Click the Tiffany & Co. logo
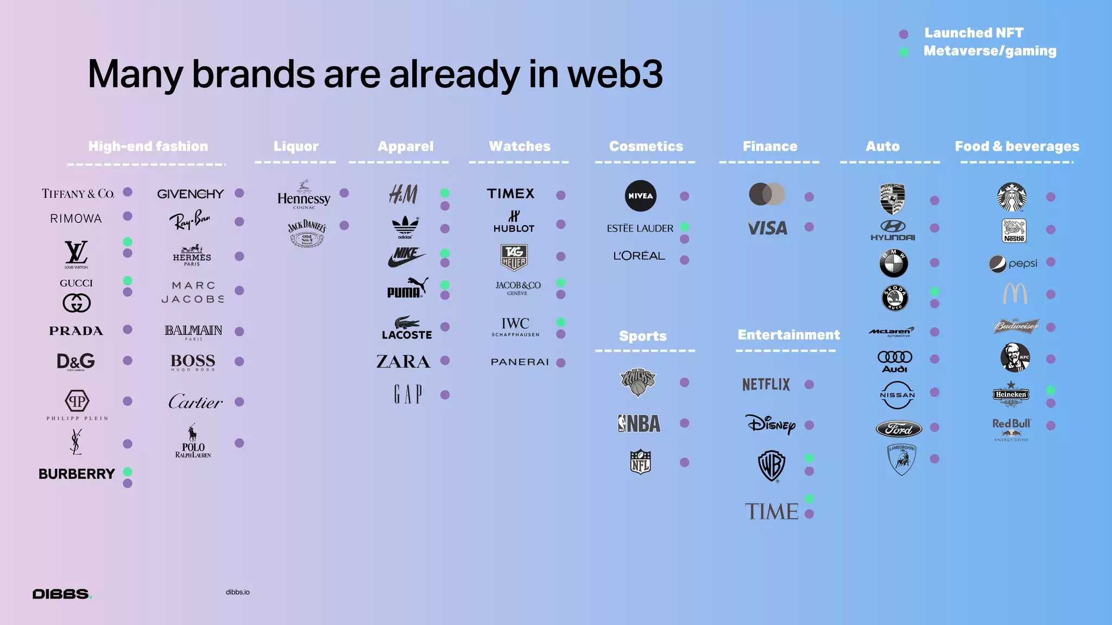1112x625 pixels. click(x=78, y=194)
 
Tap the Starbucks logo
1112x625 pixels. click(x=1012, y=197)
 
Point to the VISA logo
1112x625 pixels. click(x=767, y=228)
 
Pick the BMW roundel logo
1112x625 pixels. click(x=893, y=263)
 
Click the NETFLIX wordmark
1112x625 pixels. click(x=766, y=385)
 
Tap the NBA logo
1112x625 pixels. click(x=639, y=423)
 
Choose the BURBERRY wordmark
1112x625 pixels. click(x=77, y=474)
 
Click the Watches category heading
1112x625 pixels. click(x=520, y=146)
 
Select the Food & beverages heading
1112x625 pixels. click(x=1016, y=146)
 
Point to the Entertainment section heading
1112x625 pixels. click(x=788, y=335)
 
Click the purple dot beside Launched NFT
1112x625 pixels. click(x=903, y=34)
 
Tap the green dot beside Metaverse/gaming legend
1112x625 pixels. click(x=903, y=52)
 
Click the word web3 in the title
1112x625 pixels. click(x=615, y=74)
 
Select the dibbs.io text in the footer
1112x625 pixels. click(x=238, y=592)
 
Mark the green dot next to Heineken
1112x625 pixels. click(x=1051, y=390)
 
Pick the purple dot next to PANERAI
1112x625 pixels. click(x=561, y=362)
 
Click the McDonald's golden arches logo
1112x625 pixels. click(x=1015, y=294)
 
